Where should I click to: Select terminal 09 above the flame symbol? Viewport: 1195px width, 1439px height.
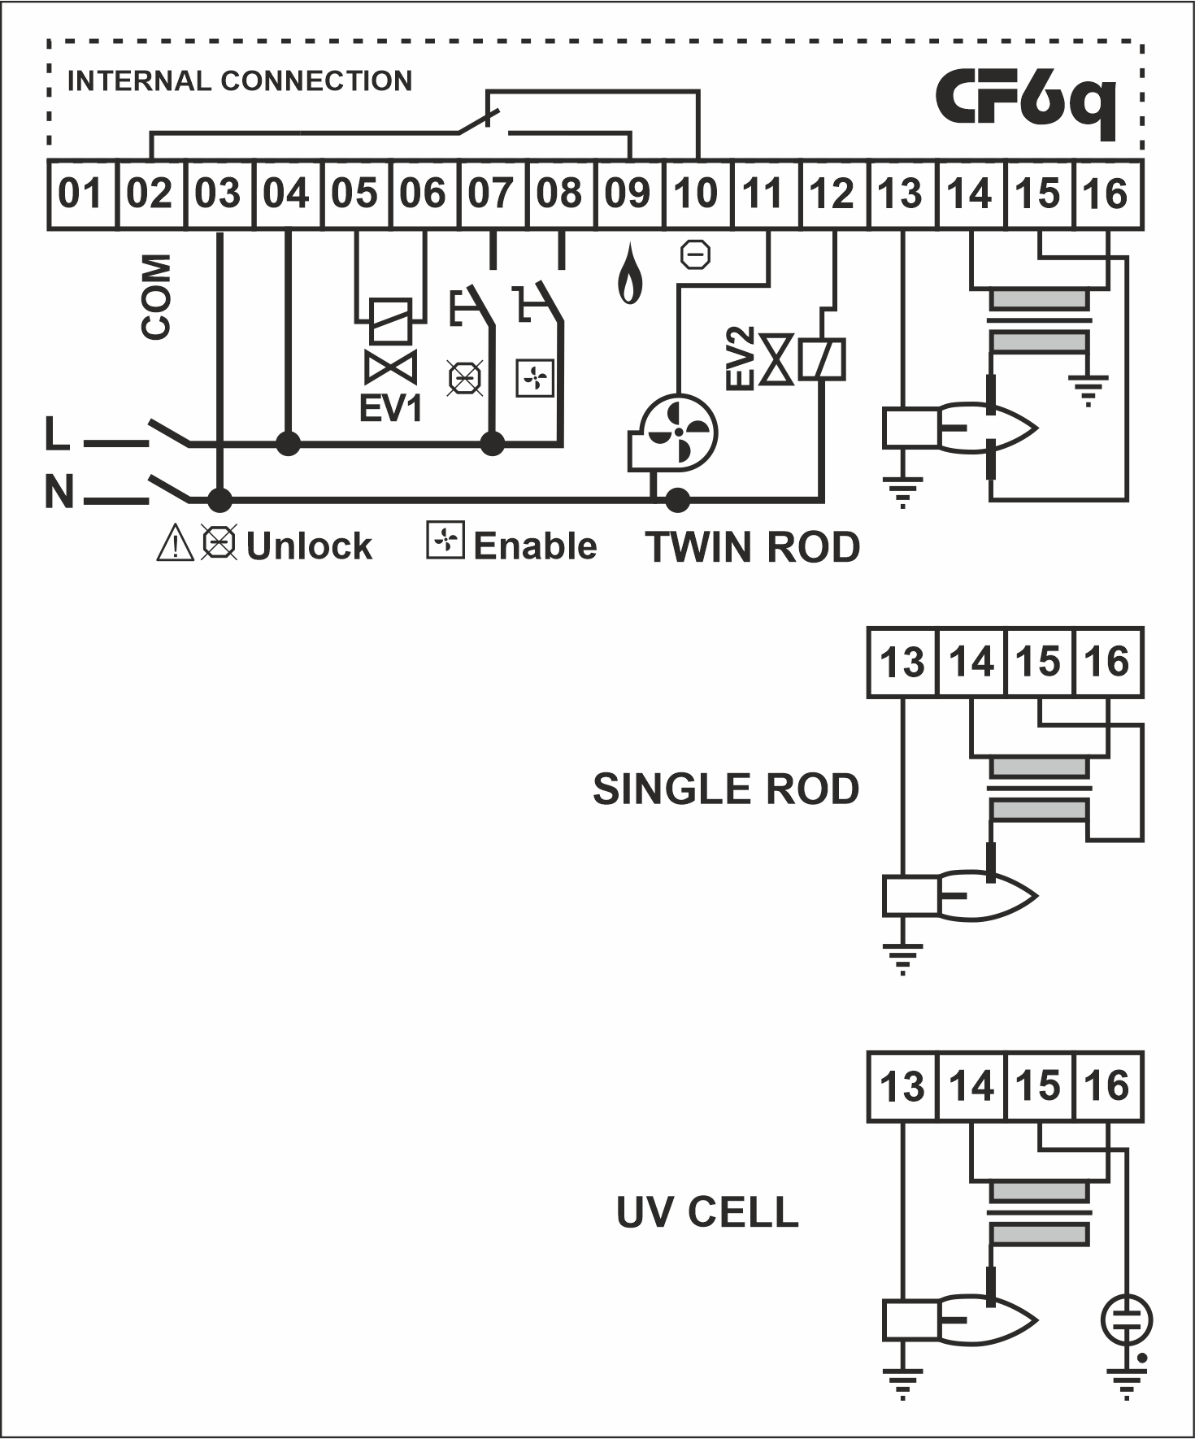pos(629,195)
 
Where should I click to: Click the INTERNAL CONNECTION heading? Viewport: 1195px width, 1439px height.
pos(240,81)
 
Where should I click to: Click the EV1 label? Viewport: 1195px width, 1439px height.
pos(391,407)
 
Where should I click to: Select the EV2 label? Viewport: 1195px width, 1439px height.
pos(741,359)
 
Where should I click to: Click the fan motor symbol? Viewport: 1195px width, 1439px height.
pos(673,434)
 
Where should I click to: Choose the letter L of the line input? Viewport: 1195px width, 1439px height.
pos(57,433)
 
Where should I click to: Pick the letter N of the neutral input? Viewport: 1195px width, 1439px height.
pos(59,492)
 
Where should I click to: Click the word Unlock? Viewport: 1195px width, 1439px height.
pos(309,546)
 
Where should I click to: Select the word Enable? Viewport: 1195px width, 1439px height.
pos(535,546)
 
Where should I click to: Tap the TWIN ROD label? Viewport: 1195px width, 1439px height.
pos(753,547)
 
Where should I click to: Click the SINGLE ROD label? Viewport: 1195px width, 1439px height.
pos(726,789)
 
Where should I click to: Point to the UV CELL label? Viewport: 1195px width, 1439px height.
pos(707,1212)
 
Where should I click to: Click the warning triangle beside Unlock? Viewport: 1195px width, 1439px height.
pos(175,543)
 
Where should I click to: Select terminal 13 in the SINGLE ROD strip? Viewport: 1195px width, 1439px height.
pos(902,663)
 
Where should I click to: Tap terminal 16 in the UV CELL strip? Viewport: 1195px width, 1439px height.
pos(1108,1087)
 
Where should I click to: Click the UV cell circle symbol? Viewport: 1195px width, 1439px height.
pos(1127,1319)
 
